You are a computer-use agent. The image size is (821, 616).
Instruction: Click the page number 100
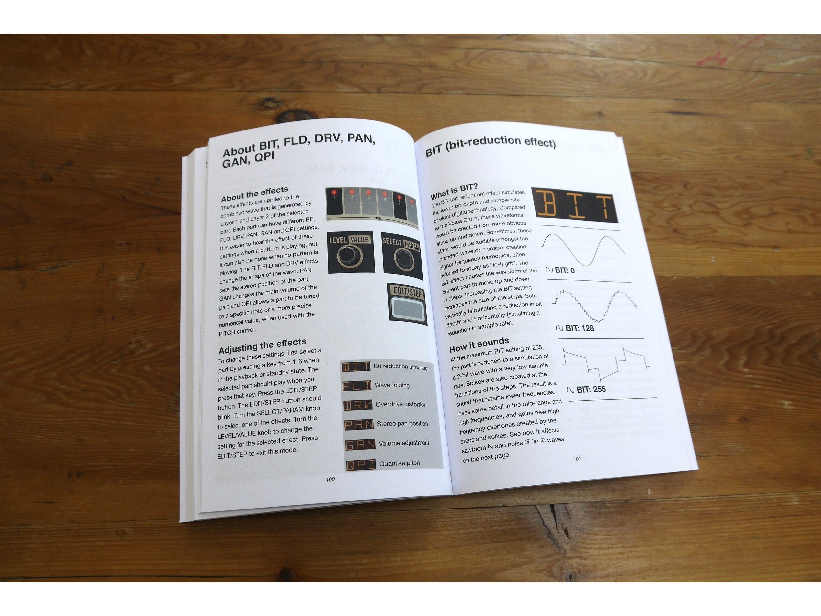pos(330,479)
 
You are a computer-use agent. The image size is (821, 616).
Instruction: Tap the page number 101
pos(577,459)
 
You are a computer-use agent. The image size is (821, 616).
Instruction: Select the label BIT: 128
pos(575,328)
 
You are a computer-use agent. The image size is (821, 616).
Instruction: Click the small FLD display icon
pos(357,386)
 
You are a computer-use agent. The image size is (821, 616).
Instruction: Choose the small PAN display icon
pos(359,424)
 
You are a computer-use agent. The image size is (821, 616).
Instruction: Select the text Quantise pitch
pos(399,463)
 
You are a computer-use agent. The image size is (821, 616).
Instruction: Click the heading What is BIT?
pos(454,191)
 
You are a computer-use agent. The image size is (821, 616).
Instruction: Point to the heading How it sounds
pos(479,344)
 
